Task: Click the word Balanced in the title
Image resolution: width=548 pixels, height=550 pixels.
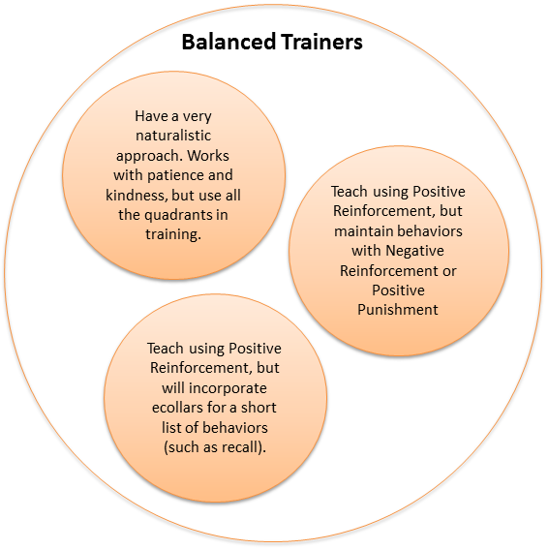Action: (x=228, y=42)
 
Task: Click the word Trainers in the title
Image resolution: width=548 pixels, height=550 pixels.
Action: (x=321, y=42)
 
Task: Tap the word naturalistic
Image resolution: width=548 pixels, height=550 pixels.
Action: (x=173, y=136)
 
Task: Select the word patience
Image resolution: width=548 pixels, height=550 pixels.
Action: (x=175, y=175)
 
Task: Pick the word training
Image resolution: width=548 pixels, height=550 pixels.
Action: (x=173, y=234)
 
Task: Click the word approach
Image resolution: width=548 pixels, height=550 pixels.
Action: (x=149, y=155)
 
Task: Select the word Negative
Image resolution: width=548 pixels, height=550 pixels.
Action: (x=414, y=251)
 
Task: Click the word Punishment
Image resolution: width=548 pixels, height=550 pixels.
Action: (x=398, y=310)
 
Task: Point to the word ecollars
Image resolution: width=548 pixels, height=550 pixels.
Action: (x=177, y=408)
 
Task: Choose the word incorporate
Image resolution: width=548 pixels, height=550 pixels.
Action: (x=228, y=388)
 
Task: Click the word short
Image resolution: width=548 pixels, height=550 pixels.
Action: (x=259, y=408)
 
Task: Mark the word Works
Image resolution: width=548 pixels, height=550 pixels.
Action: (x=208, y=155)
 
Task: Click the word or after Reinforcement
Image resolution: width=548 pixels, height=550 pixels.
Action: (x=449, y=271)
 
